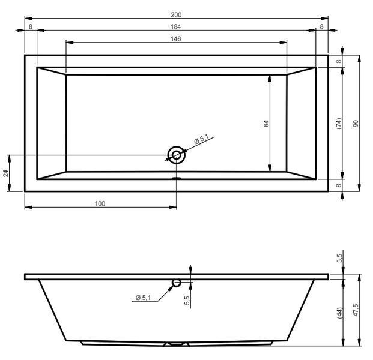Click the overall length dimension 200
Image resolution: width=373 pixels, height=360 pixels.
pyautogui.click(x=176, y=15)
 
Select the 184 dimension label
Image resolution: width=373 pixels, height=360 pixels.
pyautogui.click(x=176, y=27)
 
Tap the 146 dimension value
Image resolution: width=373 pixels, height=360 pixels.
pyautogui.click(x=176, y=39)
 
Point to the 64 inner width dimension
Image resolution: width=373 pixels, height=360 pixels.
pyautogui.click(x=267, y=124)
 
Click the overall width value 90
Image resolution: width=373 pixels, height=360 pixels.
pyautogui.click(x=356, y=124)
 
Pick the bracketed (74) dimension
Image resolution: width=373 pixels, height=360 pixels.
pyautogui.click(x=339, y=124)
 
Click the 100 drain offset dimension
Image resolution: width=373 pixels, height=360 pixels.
pyautogui.click(x=100, y=203)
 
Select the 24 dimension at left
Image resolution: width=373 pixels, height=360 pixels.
pyautogui.click(x=6, y=173)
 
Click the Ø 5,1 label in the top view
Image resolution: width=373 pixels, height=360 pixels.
pyautogui.click(x=201, y=139)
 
